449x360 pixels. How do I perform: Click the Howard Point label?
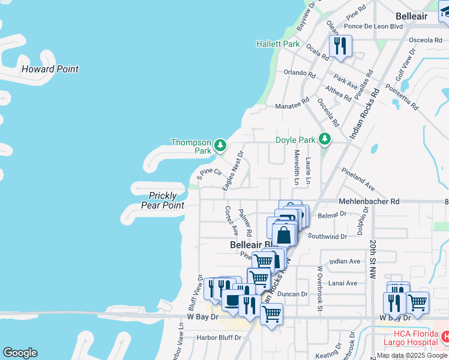[x=50, y=69]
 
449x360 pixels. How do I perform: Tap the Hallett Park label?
[x=277, y=44]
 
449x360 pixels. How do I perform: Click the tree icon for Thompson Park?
[x=220, y=145]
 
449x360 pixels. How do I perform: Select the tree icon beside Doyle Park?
[x=325, y=139]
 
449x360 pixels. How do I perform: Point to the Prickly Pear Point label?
[x=162, y=200]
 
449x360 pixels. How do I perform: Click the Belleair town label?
[x=412, y=16]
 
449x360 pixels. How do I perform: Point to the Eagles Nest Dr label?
[x=232, y=171]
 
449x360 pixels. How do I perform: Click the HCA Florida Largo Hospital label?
[x=414, y=338]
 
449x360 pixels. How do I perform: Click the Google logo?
[x=20, y=353]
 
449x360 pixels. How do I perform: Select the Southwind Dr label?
[x=327, y=236]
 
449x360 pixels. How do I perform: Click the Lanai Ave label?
[x=343, y=283]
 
